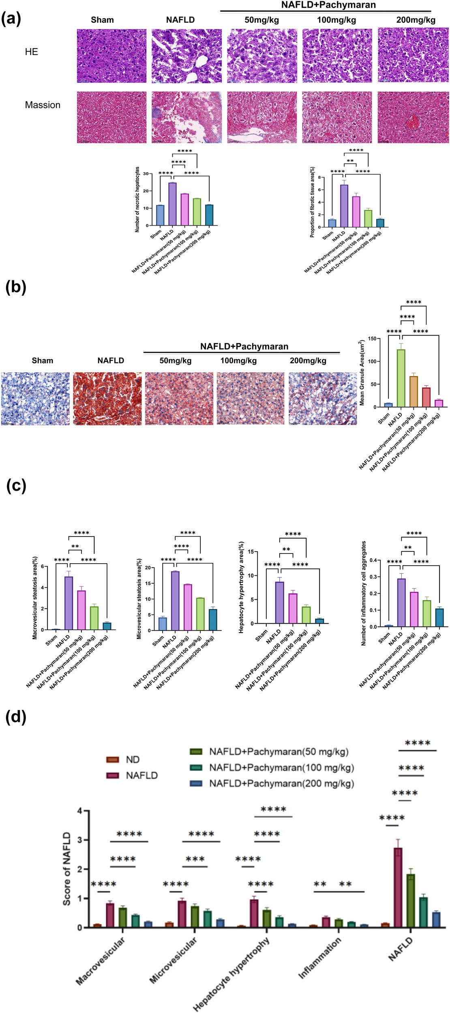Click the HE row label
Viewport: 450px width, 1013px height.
tap(31, 52)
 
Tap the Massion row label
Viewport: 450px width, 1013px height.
tap(43, 105)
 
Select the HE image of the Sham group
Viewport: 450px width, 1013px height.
tap(111, 56)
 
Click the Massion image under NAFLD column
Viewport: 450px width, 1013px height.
tap(186, 117)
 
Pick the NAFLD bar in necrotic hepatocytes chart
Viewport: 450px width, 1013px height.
tap(173, 204)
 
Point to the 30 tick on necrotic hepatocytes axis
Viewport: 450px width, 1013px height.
tap(145, 174)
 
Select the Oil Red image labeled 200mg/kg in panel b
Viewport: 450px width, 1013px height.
tap(323, 399)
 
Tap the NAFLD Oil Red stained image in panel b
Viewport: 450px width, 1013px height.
tap(107, 399)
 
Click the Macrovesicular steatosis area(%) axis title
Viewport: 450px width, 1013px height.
tap(35, 598)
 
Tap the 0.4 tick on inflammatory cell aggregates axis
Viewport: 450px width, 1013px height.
tap(373, 560)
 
